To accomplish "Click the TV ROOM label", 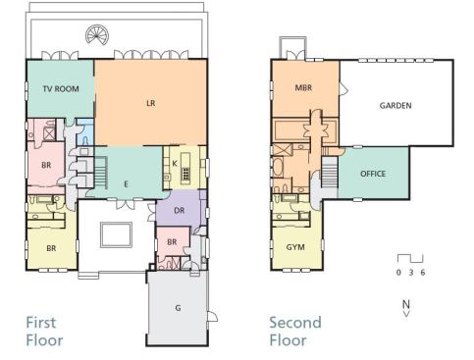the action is [61, 88].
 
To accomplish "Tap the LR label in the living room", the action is [150, 103].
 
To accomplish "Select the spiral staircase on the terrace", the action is [97, 34].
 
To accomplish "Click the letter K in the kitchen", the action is [175, 163].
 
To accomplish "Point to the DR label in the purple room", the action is [180, 211].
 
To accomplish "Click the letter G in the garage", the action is [178, 308].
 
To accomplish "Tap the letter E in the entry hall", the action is [126, 184].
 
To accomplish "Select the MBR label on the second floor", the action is [303, 87].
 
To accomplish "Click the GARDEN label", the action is [395, 106].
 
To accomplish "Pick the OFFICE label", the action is [373, 174].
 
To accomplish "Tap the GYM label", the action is [295, 247].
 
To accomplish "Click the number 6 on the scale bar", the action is [423, 273].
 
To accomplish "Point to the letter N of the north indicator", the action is [406, 304].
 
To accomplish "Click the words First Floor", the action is [44, 332].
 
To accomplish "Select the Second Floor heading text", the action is [295, 332].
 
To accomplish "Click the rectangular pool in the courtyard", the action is [116, 234].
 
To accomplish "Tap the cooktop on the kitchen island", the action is [185, 174].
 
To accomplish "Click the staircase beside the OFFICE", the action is [330, 172].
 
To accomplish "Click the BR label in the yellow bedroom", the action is [51, 248].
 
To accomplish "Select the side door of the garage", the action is [212, 316].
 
